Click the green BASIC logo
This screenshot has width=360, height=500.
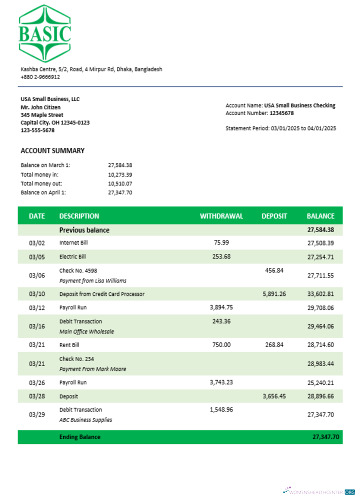44,33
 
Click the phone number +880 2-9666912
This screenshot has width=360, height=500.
40,77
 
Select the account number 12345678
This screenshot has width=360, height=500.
281,113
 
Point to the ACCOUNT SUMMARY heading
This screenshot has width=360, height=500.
52,150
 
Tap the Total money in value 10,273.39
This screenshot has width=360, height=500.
120,174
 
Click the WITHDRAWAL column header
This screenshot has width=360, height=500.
221,216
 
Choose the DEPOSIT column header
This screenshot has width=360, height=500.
274,216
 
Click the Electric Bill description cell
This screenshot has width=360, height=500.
72,256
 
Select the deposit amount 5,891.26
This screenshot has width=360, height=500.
274,293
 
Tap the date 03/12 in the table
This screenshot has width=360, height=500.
37,307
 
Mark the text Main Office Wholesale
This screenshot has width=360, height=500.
86,331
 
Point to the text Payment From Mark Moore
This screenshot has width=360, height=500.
92,369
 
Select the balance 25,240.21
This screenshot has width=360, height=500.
320,382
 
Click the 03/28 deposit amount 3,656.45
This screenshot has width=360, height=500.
274,396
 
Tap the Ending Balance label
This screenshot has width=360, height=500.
80,436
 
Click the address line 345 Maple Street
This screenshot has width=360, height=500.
42,114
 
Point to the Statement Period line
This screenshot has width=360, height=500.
280,128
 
